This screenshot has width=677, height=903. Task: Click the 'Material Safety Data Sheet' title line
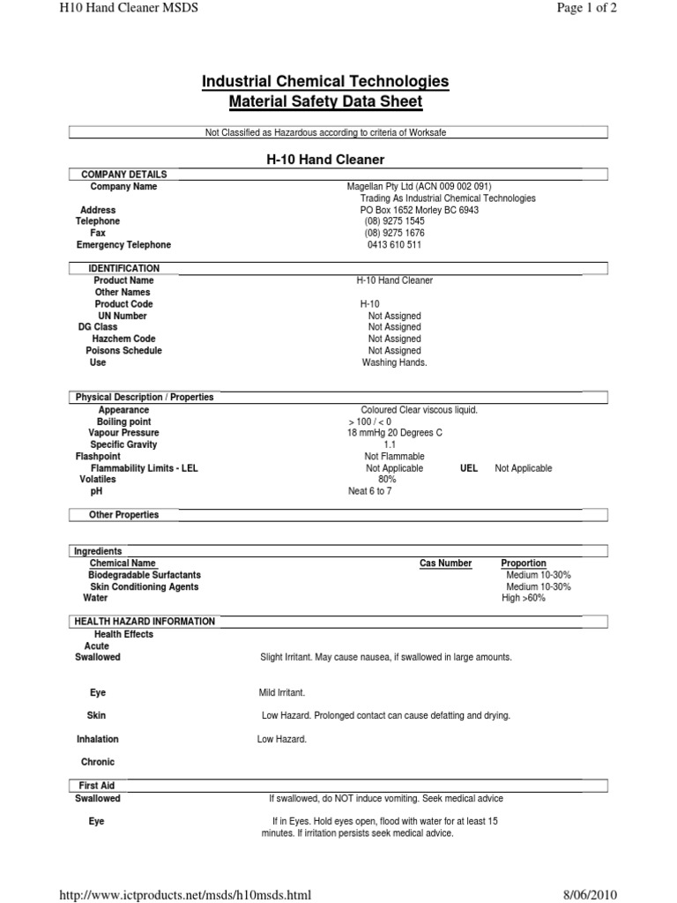tap(325, 102)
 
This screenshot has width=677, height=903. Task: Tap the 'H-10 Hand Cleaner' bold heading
tap(325, 160)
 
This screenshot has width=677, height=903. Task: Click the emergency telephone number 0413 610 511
tap(394, 245)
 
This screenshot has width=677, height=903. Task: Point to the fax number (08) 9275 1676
tap(394, 234)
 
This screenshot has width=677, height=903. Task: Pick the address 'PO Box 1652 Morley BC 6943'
tap(420, 211)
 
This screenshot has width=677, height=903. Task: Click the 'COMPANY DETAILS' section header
tap(123, 175)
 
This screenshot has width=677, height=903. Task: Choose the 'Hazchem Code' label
tap(123, 339)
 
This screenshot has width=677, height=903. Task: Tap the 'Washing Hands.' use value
tap(394, 362)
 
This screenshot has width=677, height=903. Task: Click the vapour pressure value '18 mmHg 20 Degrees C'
tap(394, 433)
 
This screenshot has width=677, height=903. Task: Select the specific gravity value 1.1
tap(390, 445)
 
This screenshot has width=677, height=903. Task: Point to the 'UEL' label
tap(469, 468)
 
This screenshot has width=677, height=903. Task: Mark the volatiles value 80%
tap(387, 480)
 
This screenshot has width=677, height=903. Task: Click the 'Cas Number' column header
tap(445, 563)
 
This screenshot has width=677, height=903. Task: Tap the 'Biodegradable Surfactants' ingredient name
tap(138, 575)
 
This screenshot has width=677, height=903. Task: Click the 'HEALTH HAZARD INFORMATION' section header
tap(145, 622)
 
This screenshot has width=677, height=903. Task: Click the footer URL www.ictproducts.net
tap(184, 896)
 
